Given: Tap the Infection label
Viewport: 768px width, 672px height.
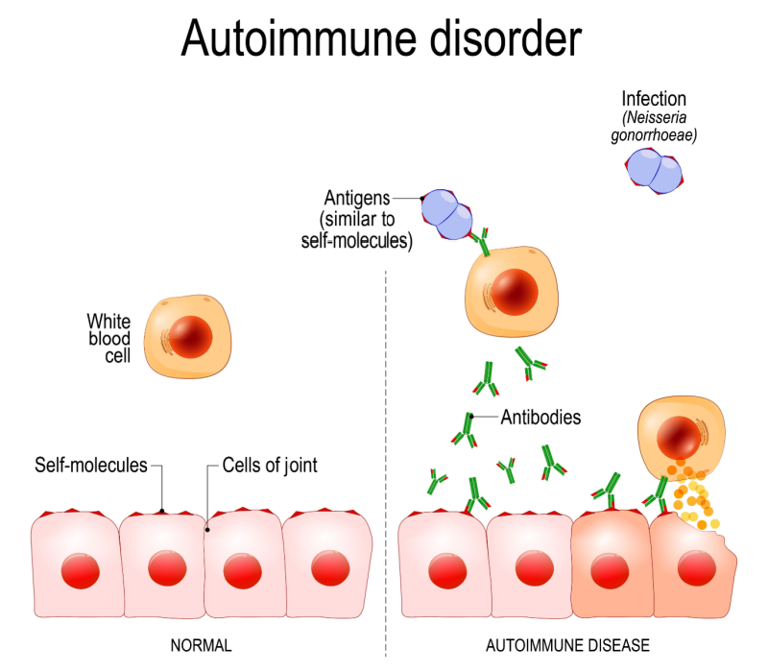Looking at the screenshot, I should tap(654, 99).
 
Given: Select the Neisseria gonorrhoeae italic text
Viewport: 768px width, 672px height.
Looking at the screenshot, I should tap(658, 127).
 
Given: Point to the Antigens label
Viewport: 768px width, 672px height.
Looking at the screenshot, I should tap(356, 199).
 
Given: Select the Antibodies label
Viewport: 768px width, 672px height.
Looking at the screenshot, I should tap(541, 419).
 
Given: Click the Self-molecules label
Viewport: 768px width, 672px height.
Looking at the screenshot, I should tap(91, 467).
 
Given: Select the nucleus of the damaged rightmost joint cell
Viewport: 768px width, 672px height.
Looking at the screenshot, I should tap(693, 569).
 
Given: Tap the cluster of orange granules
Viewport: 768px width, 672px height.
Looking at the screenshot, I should tap(696, 494).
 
